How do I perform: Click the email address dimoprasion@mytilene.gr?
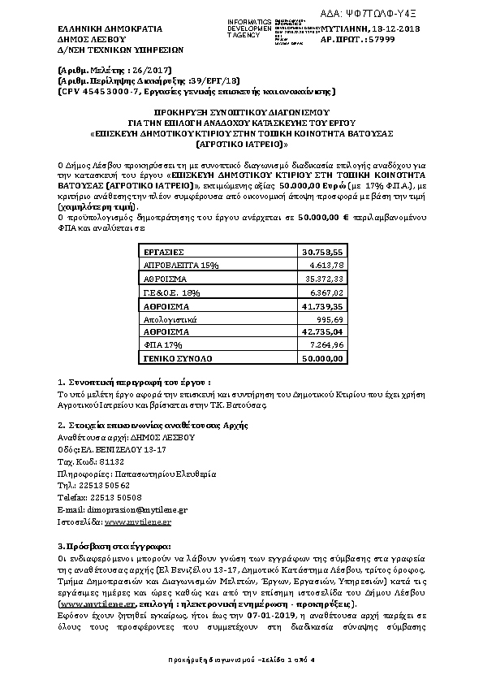(143, 509)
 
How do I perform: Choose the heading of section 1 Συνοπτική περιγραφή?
(135, 381)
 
